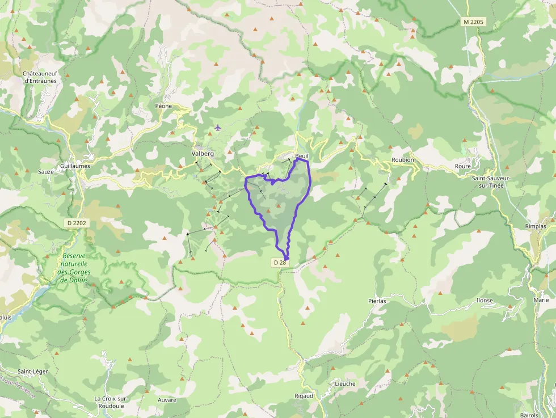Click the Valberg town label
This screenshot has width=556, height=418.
point(203,154)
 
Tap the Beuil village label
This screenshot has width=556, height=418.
point(302,157)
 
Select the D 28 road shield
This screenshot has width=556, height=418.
point(280,263)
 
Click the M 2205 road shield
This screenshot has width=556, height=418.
point(473,22)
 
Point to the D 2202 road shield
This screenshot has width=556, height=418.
point(75,223)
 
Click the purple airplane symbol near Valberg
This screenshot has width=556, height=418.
point(218,127)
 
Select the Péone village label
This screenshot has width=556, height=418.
point(163,106)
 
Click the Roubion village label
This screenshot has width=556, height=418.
point(403,160)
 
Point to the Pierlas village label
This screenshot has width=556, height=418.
point(377,301)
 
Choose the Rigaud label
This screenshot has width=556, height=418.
point(304,395)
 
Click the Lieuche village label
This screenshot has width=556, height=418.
point(345,383)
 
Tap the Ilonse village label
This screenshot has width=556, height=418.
point(485,301)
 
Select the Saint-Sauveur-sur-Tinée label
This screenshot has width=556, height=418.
point(491,181)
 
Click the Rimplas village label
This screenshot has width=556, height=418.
point(536,226)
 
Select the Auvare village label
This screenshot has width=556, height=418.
point(167,400)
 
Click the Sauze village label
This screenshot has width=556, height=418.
point(45,172)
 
